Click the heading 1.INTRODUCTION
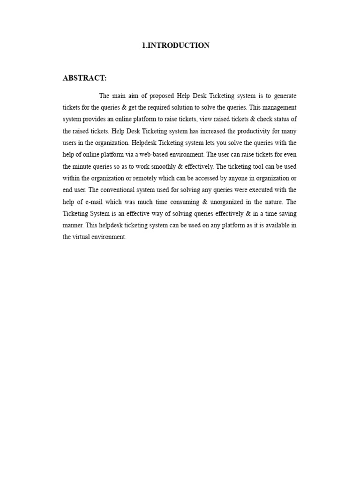(176, 45)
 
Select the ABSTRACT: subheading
(84, 78)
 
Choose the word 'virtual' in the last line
(82, 237)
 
